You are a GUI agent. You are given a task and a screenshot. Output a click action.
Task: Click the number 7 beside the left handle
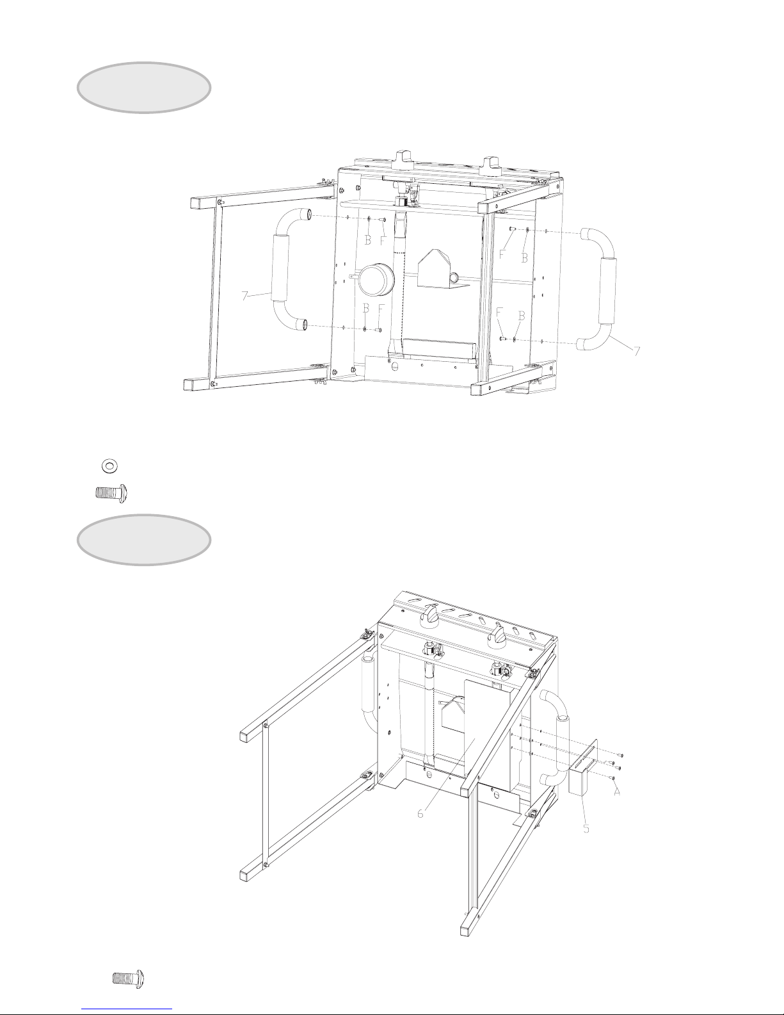point(245,296)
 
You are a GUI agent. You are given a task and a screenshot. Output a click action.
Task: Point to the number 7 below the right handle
point(637,351)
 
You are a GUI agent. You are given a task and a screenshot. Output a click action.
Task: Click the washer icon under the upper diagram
point(109,465)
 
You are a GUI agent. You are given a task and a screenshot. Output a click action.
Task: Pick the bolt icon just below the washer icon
point(111,493)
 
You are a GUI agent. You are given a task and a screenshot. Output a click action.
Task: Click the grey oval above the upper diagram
point(144,87)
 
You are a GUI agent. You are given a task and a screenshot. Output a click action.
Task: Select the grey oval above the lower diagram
point(144,539)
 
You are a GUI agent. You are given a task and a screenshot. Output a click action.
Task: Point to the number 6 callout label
point(420,813)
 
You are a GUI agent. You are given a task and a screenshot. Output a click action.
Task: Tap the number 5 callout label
point(586,829)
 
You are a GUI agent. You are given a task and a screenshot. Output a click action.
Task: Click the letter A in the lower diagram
point(617,792)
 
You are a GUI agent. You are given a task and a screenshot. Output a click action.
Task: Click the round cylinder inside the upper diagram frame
point(376,280)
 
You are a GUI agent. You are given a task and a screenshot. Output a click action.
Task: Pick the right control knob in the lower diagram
point(497,635)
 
